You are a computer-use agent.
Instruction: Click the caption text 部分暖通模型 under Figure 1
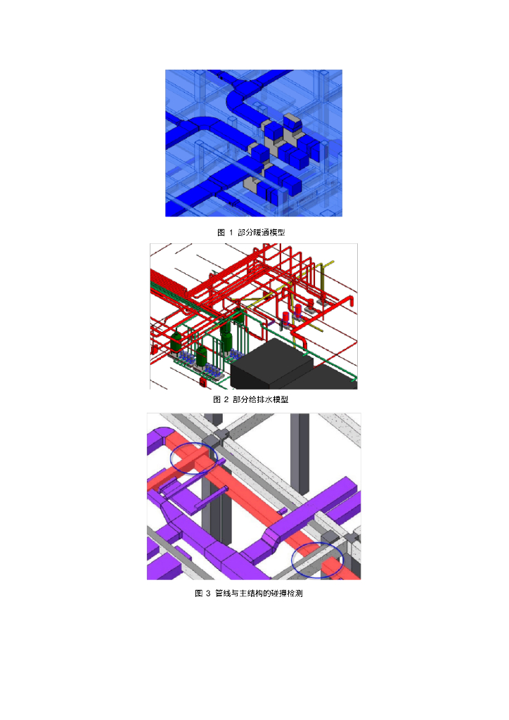tap(261, 232)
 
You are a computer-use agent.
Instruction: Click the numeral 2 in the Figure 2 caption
tap(226, 399)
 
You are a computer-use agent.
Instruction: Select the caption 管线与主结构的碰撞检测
tap(259, 593)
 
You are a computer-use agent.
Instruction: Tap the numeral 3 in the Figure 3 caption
tap(208, 593)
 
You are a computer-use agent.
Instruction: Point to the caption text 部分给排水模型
tap(260, 399)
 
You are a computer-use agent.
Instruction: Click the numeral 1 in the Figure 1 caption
tap(231, 232)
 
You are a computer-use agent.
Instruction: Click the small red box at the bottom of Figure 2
tap(202, 381)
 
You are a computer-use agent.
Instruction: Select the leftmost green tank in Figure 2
tap(176, 342)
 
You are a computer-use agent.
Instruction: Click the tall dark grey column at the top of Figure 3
tap(299, 452)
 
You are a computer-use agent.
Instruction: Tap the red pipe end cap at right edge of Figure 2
tap(352, 302)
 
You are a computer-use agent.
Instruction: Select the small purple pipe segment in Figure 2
tap(271, 324)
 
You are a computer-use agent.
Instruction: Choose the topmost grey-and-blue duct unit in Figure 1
tap(292, 123)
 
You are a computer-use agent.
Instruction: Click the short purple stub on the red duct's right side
tap(283, 510)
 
